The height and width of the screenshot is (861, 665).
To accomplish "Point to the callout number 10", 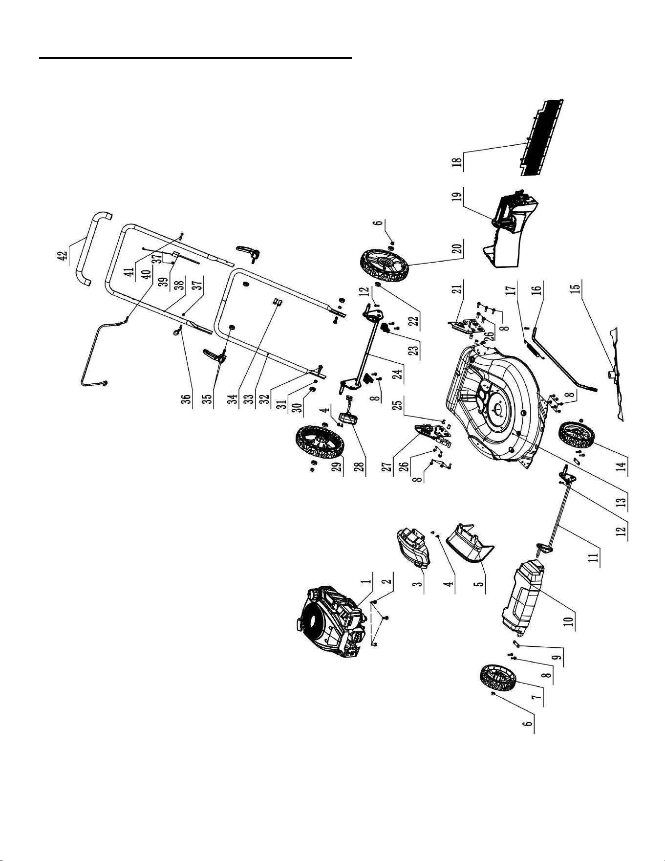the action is coord(568,619).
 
